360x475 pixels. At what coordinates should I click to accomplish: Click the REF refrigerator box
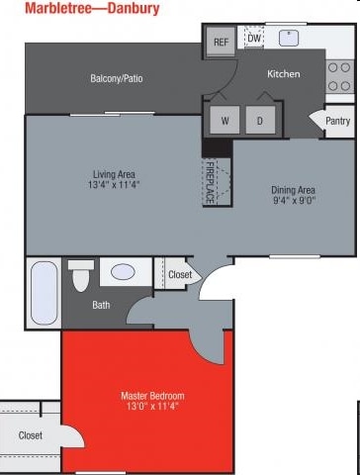[221, 41]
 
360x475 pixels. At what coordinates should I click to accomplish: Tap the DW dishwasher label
[254, 39]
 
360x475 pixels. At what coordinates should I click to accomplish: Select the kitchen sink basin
[289, 39]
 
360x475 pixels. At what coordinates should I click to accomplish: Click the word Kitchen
[284, 73]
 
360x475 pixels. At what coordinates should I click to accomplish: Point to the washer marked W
[225, 120]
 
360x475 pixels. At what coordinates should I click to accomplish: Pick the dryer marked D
[260, 120]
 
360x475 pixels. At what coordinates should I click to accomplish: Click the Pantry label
[337, 121]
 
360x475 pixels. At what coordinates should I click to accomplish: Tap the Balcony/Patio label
[117, 78]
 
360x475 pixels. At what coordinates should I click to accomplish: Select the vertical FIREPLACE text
[210, 182]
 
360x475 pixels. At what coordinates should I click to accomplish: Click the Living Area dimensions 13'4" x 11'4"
[114, 184]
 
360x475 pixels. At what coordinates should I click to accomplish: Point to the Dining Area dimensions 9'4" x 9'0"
[295, 200]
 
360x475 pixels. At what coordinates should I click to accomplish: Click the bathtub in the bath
[44, 293]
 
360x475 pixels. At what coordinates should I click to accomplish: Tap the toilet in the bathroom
[81, 276]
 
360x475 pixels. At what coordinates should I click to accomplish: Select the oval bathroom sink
[123, 272]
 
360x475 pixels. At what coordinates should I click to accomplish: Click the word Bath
[101, 305]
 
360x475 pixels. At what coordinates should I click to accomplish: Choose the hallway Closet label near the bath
[180, 274]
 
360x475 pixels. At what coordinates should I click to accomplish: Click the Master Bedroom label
[152, 396]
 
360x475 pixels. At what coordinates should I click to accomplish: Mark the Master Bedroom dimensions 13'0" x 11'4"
[152, 406]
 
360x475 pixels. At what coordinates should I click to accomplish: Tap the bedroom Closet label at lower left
[31, 435]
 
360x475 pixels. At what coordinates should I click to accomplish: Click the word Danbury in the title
[134, 8]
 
